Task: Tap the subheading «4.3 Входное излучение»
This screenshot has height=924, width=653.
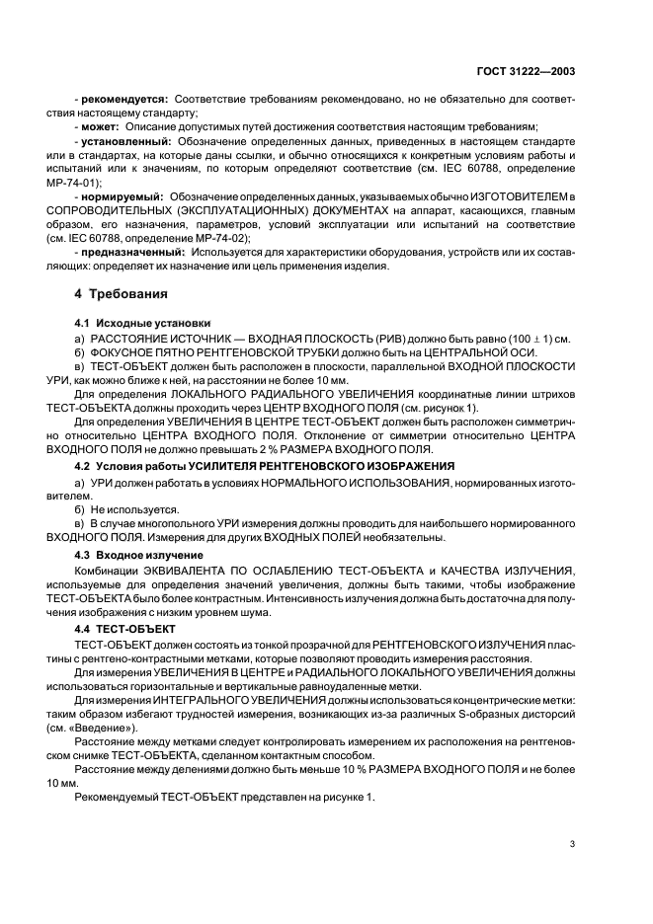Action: point(130,556)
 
